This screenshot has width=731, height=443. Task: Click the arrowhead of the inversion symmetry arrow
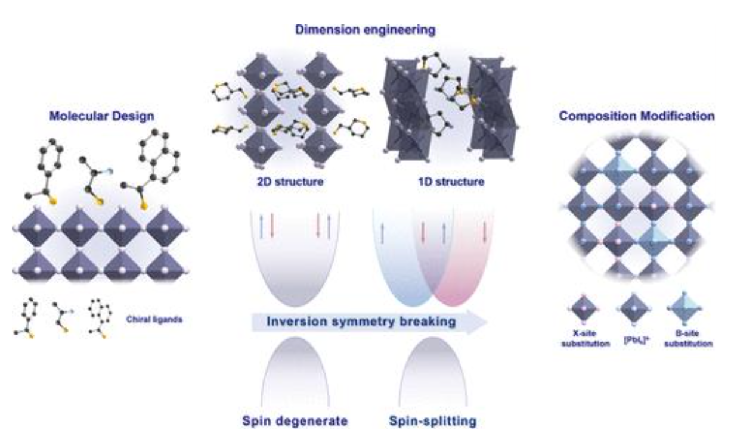point(477,322)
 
